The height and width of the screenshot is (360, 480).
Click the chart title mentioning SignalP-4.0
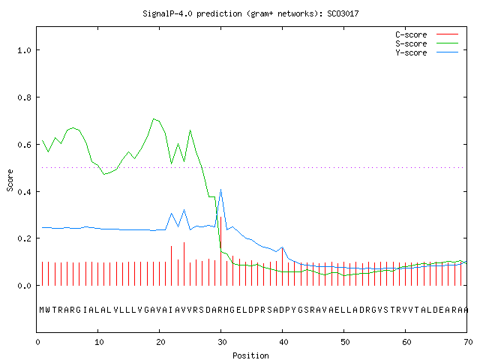250,13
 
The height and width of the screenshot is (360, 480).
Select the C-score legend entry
427,34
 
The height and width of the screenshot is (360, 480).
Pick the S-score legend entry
427,43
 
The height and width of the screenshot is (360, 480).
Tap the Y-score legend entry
427,52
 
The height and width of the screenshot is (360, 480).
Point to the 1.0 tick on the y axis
25,50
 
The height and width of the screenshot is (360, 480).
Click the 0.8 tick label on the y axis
25,97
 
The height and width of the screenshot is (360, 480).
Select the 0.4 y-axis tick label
25,192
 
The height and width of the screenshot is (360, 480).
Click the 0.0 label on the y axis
25,286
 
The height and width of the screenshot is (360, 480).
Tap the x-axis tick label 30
222,342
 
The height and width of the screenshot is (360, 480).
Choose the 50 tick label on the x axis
345,342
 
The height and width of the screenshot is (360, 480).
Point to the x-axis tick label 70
468,342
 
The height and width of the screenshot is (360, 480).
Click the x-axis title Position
250,355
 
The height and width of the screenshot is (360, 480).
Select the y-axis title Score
10,180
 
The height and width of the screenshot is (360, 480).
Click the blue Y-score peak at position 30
220,190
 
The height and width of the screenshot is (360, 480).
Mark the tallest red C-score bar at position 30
220,251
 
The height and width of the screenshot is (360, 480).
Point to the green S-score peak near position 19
153,118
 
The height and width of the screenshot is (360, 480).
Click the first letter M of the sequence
42,310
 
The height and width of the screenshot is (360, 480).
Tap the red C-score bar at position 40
282,266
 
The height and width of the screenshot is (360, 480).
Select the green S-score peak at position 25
190,130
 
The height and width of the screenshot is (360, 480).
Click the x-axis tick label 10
98,342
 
